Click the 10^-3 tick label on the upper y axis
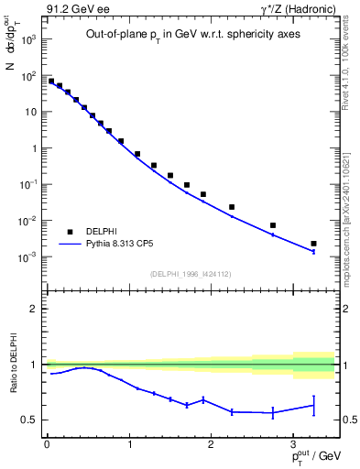pos(27,257)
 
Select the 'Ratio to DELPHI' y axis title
pos(12,365)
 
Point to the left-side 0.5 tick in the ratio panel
pos(30,420)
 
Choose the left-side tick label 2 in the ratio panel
pos(35,309)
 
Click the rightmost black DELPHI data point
pos(313,244)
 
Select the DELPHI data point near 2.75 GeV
pos(272,225)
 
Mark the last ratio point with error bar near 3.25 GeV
pos(313,405)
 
